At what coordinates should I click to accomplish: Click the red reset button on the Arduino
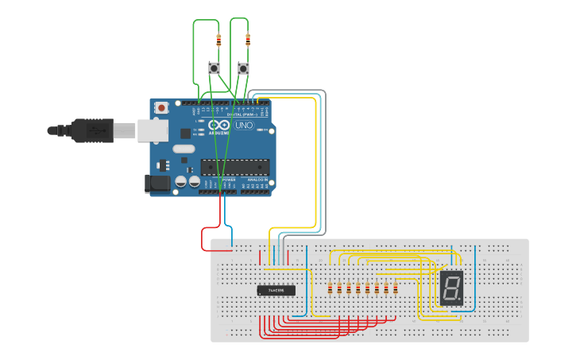click(162, 107)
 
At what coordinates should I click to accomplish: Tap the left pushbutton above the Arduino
click(214, 69)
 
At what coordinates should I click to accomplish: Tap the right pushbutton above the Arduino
click(243, 69)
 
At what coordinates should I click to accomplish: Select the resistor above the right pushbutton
click(248, 38)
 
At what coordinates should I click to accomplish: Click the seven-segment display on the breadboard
click(451, 288)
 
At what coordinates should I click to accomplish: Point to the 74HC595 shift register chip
click(276, 290)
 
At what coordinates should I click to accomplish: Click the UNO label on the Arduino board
click(244, 126)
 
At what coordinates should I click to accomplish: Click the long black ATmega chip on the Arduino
click(234, 166)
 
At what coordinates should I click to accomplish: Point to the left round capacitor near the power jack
click(181, 182)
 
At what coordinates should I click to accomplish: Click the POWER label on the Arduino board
click(228, 180)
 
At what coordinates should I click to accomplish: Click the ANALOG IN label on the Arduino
click(258, 180)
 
